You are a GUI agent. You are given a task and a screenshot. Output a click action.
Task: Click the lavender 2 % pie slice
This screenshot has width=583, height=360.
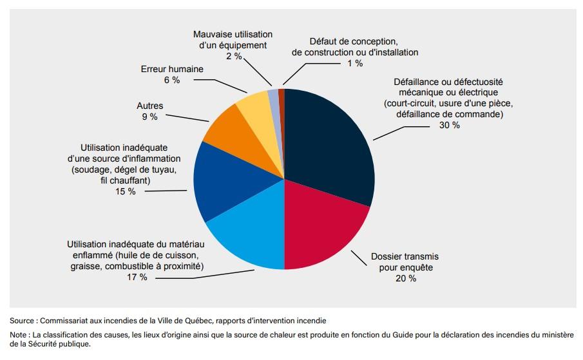coord(274,97)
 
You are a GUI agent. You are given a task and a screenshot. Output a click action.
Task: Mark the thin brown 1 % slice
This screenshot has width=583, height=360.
coord(282,95)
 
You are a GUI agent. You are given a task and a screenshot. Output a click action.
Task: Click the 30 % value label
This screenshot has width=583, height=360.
coord(450,125)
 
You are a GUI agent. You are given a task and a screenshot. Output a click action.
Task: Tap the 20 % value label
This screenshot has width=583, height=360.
coord(406,278)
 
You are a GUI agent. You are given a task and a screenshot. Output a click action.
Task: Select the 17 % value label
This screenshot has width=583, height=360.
coord(137,277)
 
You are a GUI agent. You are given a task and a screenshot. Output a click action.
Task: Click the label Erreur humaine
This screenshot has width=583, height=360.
coord(171,69)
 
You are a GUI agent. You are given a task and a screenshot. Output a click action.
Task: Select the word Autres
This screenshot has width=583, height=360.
coord(150,106)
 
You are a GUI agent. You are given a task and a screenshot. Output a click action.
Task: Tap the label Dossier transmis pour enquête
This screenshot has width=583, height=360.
coord(405,261)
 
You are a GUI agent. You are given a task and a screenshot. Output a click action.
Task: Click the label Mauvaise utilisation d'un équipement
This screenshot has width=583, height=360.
coord(233,39)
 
